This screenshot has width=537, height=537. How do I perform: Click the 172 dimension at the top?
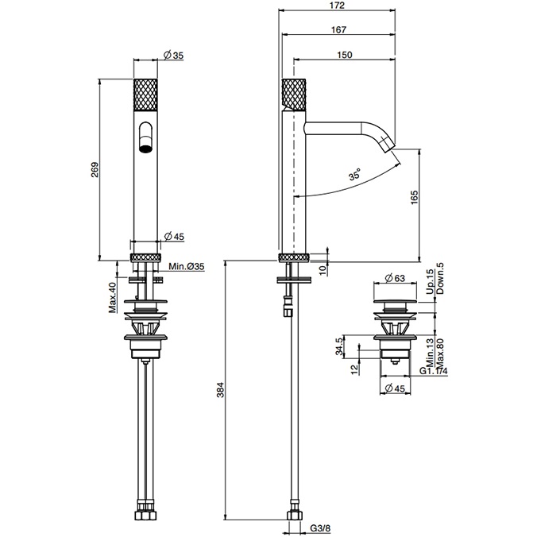(x=338, y=6)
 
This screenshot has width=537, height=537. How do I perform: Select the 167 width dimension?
(x=338, y=30)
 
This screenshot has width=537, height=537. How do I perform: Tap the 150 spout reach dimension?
(x=345, y=55)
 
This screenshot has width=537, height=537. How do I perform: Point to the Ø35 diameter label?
(x=173, y=55)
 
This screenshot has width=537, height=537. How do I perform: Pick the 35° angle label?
(x=353, y=172)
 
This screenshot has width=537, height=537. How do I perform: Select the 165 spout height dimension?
(x=413, y=199)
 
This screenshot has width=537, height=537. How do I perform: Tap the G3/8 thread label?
(x=320, y=527)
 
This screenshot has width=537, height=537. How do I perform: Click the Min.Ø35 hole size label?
(x=186, y=266)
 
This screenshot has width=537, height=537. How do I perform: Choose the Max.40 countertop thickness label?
(x=112, y=297)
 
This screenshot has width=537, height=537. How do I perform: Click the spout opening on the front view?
(x=145, y=137)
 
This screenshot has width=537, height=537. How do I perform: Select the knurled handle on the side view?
(x=294, y=95)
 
